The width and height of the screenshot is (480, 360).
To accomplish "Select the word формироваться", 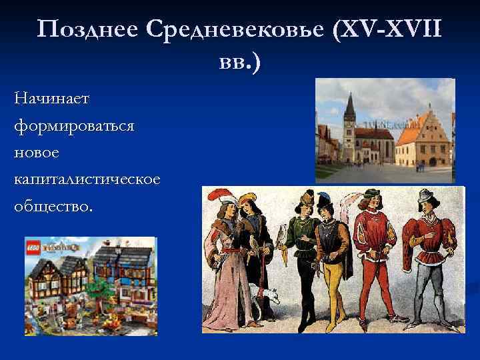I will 73,125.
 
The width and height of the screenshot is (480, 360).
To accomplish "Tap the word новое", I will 39,153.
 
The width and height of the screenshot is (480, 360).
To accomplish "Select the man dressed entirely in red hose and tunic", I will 371,260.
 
